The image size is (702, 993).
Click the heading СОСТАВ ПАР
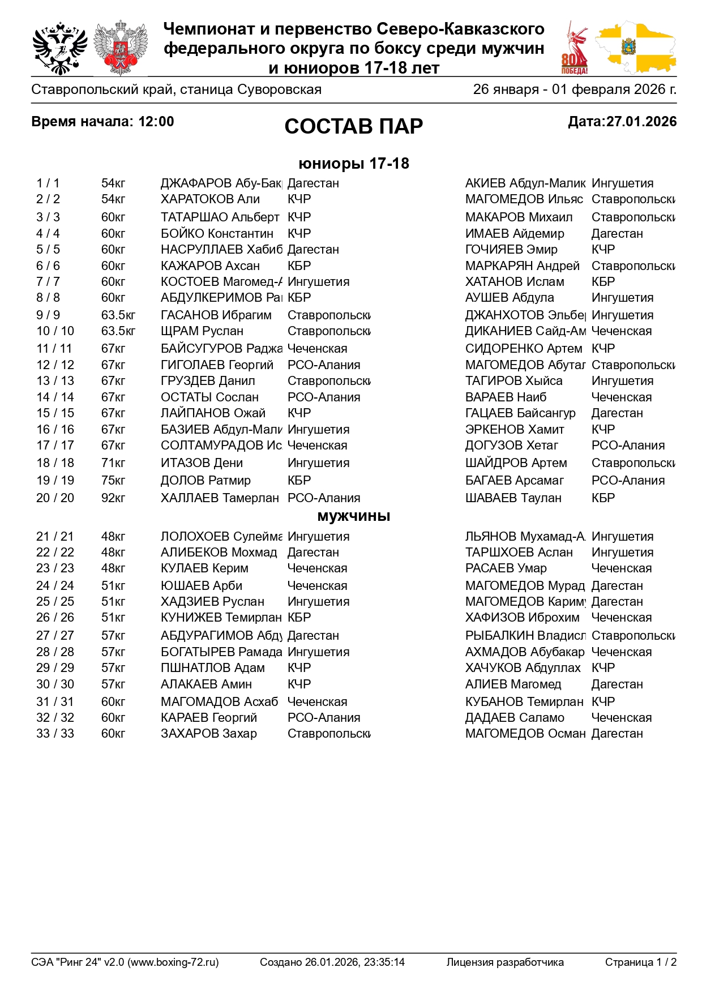[353, 126]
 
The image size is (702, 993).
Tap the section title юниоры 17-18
[353, 164]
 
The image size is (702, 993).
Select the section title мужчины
[353, 516]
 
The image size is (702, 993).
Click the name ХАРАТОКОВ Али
[210, 199]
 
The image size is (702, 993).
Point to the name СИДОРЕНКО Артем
[523, 349]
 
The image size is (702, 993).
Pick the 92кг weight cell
[113, 498]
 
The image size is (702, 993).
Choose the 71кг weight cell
[113, 463]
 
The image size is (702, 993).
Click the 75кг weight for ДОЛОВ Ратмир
[113, 481]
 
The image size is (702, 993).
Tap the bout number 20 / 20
[55, 498]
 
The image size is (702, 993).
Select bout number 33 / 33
[55, 734]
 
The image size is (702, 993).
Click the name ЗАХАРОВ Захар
[208, 734]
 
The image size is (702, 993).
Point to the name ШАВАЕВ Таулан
[513, 498]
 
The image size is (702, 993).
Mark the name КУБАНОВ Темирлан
[524, 702]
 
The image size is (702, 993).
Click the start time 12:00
[156, 122]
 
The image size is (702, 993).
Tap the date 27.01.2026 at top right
[641, 122]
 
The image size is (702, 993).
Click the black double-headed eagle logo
[59, 48]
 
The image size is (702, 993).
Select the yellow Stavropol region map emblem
[635, 48]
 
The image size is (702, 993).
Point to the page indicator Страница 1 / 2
[640, 962]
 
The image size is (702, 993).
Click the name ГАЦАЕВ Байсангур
[520, 413]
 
